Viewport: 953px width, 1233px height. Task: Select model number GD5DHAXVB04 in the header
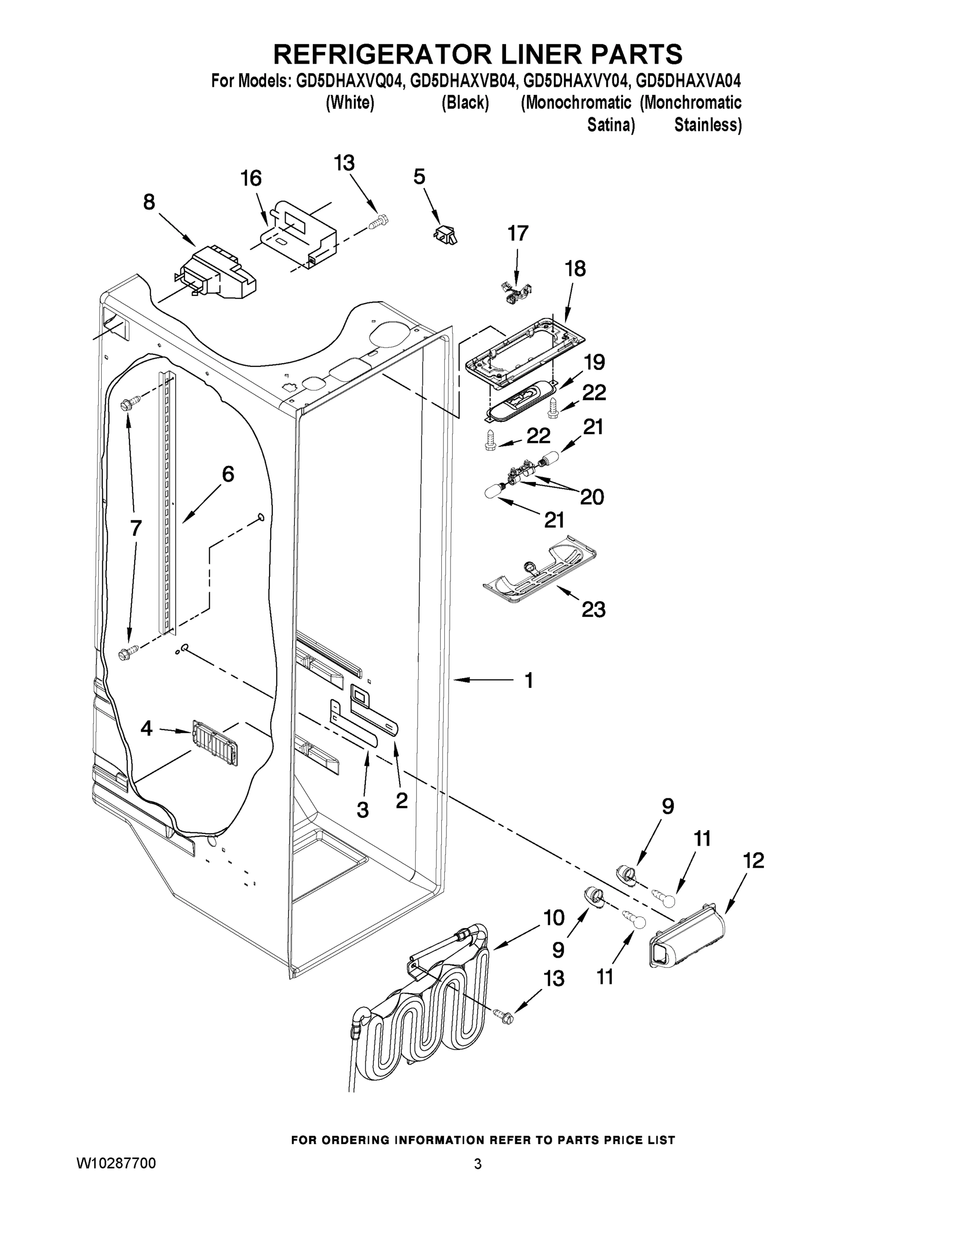coord(462,82)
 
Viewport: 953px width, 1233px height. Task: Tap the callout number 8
coord(148,202)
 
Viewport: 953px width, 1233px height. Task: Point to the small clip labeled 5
coord(445,233)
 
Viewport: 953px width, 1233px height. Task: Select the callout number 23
coord(593,610)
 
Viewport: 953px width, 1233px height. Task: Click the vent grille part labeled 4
coord(215,742)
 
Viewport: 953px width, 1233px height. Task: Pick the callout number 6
coord(228,474)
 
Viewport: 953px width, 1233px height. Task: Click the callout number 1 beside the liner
coord(529,681)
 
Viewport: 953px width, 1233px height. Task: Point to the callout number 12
coord(753,861)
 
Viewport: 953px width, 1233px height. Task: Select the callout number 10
coord(554,918)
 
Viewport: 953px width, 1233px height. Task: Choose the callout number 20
coord(592,497)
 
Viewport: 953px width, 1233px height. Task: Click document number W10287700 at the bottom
coord(116,1163)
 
